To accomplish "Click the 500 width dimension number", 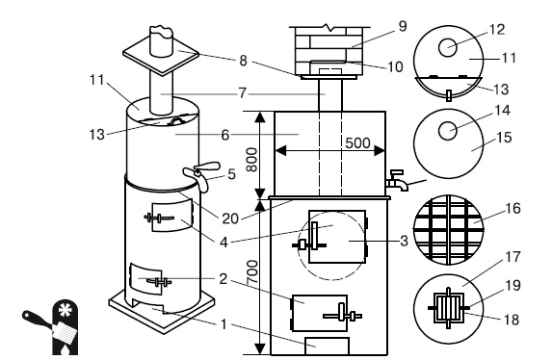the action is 357,142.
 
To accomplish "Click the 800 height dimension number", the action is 251,160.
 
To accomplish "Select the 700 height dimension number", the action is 252,272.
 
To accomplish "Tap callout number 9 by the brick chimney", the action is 403,26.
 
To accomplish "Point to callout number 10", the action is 395,66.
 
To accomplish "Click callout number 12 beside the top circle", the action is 497,30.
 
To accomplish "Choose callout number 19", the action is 513,285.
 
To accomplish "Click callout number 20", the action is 230,219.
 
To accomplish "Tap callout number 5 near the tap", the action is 231,174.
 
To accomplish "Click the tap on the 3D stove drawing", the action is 201,174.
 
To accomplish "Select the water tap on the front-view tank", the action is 397,181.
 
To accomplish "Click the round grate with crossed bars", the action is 448,230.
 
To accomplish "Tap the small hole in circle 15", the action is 448,131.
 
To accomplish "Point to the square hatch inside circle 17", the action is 448,308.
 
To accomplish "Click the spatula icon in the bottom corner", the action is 49,327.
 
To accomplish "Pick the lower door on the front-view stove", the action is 319,313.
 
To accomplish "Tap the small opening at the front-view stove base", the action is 327,347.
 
